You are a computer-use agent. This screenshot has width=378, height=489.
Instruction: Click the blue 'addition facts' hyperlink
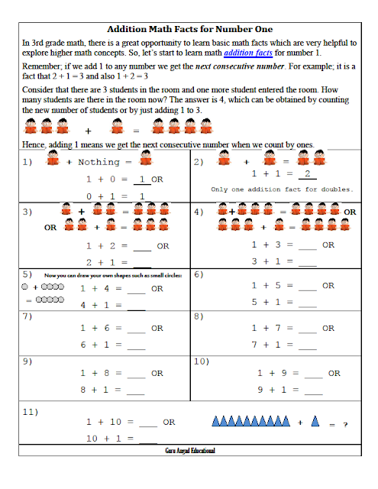click(x=248, y=53)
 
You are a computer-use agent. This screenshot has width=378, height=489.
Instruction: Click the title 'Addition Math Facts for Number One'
click(x=190, y=29)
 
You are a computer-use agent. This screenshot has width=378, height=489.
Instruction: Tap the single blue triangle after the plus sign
click(x=315, y=421)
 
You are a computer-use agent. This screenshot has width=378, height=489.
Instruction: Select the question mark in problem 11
click(x=345, y=425)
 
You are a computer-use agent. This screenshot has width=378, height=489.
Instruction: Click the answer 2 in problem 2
click(x=307, y=173)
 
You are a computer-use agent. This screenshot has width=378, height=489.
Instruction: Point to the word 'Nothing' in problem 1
click(x=99, y=162)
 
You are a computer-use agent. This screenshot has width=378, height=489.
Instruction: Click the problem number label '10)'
click(x=202, y=361)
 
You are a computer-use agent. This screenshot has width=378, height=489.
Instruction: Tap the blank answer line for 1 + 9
click(x=314, y=378)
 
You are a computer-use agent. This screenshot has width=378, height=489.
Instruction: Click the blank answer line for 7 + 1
click(x=308, y=349)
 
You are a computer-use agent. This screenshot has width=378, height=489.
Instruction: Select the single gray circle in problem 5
click(x=25, y=287)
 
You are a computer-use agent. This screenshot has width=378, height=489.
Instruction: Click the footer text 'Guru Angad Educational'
click(x=190, y=450)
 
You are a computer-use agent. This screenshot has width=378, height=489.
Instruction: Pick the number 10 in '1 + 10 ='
click(x=115, y=422)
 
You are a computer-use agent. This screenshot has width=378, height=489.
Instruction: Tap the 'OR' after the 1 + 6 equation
click(x=157, y=328)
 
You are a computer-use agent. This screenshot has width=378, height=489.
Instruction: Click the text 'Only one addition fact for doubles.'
click(x=282, y=189)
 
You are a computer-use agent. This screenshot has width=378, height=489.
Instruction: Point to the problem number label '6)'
click(x=199, y=274)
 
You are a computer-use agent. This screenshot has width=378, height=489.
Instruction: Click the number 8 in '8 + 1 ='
click(x=83, y=390)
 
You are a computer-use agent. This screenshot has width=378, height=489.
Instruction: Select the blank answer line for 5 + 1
click(x=308, y=307)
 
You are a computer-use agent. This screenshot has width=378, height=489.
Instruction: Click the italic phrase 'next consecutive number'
click(x=240, y=66)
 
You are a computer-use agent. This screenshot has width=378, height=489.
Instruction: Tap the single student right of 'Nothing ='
click(x=146, y=157)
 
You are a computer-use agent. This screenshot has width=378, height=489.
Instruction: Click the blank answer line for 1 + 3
click(x=308, y=250)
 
